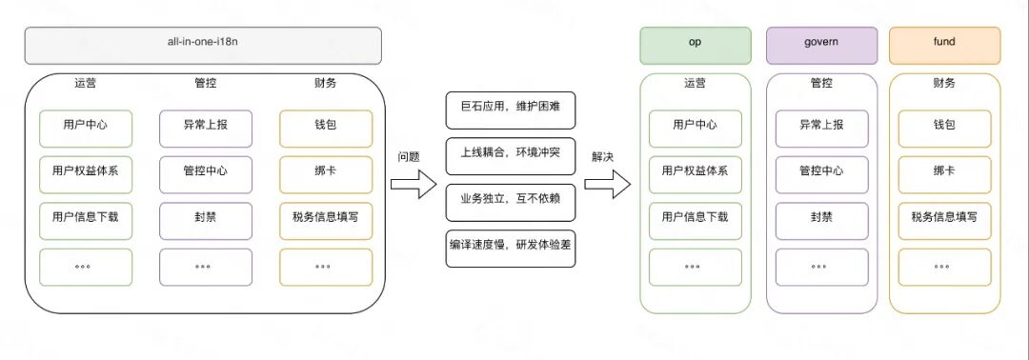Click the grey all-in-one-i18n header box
(x=203, y=45)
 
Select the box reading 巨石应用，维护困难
(x=511, y=109)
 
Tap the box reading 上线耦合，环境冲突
(x=511, y=154)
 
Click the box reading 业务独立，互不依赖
(x=511, y=201)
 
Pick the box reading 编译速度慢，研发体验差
(x=511, y=247)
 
